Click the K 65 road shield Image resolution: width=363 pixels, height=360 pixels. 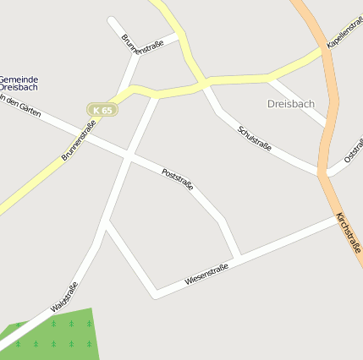point(102,110)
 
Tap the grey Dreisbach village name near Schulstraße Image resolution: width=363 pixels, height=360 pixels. point(290,104)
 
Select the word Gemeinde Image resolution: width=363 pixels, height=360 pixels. point(19,79)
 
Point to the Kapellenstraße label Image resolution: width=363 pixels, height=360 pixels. point(345,32)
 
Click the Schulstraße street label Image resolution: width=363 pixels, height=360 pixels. point(255,139)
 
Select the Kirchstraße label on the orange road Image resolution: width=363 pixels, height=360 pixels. point(349,230)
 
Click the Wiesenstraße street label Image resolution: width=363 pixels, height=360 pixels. point(206,275)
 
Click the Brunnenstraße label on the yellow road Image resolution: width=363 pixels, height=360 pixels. point(79,141)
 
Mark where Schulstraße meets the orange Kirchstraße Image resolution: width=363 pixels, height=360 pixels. point(322,174)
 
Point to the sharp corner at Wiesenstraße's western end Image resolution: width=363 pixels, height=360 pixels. point(155,296)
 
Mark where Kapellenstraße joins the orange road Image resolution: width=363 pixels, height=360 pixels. point(323,49)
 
